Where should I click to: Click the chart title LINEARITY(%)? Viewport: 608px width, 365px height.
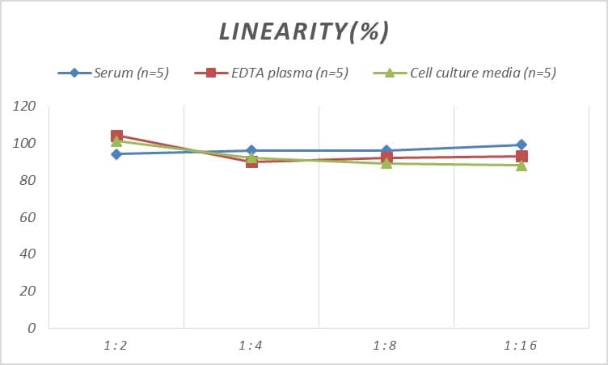(x=304, y=31)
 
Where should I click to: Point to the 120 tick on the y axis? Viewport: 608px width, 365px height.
(x=25, y=106)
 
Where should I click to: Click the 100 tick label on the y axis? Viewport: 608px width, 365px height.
(x=25, y=143)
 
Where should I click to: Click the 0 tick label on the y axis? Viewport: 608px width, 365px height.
(x=32, y=328)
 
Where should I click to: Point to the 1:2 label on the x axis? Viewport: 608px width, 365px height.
(x=116, y=346)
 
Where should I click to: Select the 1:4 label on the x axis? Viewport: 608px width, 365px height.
(x=251, y=346)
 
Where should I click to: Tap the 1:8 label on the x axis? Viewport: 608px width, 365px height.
(x=386, y=346)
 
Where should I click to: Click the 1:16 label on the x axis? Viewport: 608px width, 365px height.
(x=521, y=346)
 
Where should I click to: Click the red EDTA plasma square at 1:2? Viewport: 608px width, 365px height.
(x=116, y=136)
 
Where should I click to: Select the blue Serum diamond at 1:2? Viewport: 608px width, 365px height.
(x=116, y=154)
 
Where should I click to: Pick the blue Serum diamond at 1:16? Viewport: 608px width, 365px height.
(x=521, y=145)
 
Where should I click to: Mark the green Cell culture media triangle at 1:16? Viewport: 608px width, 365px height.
(x=521, y=166)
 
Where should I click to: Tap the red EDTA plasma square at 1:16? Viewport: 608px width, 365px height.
(x=521, y=156)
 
